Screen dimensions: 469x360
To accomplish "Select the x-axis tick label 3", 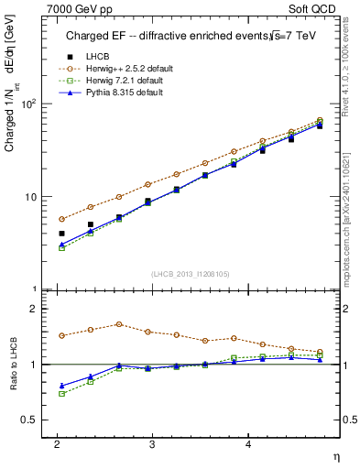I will click(x=150, y=444).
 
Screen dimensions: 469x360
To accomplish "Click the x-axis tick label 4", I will click(x=247, y=444).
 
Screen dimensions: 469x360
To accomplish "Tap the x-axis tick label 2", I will click(x=57, y=444).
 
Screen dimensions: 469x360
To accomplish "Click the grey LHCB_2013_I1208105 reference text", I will click(x=190, y=273).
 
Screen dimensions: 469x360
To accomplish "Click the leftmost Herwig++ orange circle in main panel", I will click(x=61, y=219).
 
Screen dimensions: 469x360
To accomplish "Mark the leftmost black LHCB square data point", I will click(x=61, y=234).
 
